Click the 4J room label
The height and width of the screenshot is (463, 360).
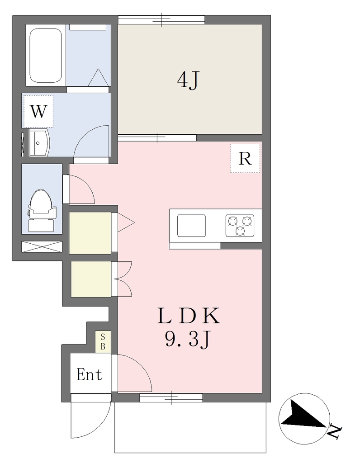pyautogui.click(x=189, y=80)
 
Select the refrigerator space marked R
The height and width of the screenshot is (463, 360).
pyautogui.click(x=245, y=158)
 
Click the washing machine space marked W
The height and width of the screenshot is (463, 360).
pyautogui.click(x=38, y=111)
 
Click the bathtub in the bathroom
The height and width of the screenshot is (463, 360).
pyautogui.click(x=46, y=56)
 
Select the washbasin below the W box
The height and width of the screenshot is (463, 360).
pyautogui.click(x=39, y=143)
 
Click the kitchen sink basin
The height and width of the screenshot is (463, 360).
pyautogui.click(x=192, y=226)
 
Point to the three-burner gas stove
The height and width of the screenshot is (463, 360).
pyautogui.click(x=240, y=226)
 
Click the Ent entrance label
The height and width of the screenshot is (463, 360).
pyautogui.click(x=89, y=374)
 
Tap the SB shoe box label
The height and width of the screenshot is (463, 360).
pyautogui.click(x=103, y=342)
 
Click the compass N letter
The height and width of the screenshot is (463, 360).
pyautogui.click(x=335, y=431)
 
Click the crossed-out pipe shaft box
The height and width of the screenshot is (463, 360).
pyautogui.click(x=42, y=246)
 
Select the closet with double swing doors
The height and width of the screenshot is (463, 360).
pyautogui.click(x=91, y=279)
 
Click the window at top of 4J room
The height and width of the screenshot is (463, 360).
pyautogui.click(x=161, y=20)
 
